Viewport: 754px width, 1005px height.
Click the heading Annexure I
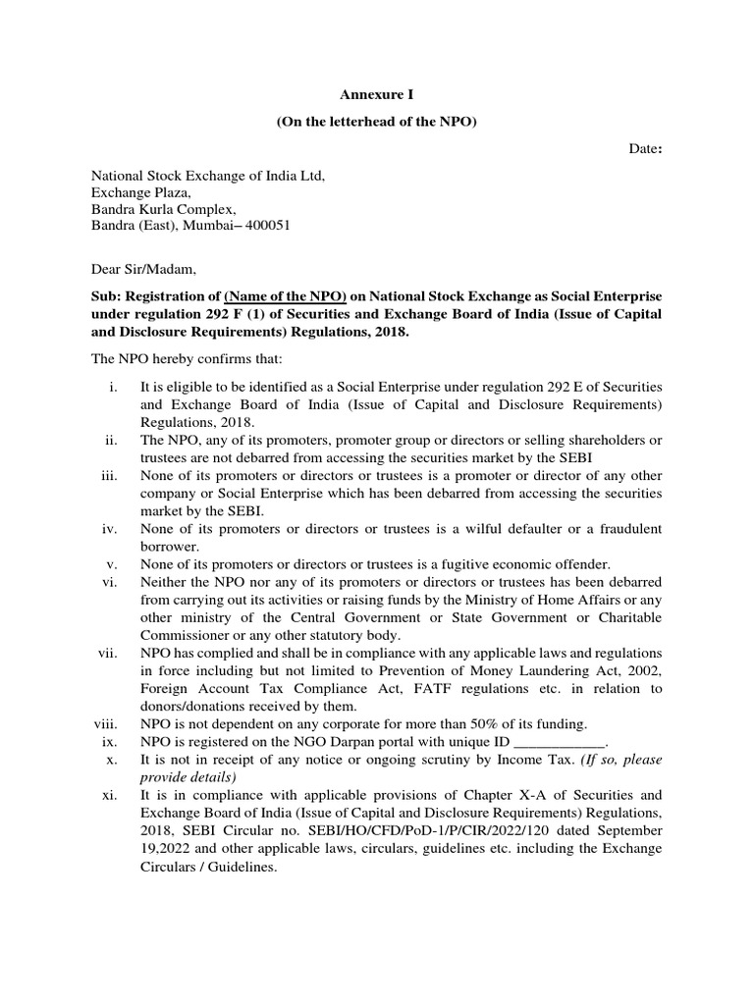coord(377,95)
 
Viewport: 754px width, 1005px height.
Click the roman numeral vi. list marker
coord(109,582)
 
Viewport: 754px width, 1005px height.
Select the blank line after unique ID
coord(560,742)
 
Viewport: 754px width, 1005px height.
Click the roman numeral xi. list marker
coord(109,795)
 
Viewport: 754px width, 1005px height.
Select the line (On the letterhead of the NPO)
coord(377,122)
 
